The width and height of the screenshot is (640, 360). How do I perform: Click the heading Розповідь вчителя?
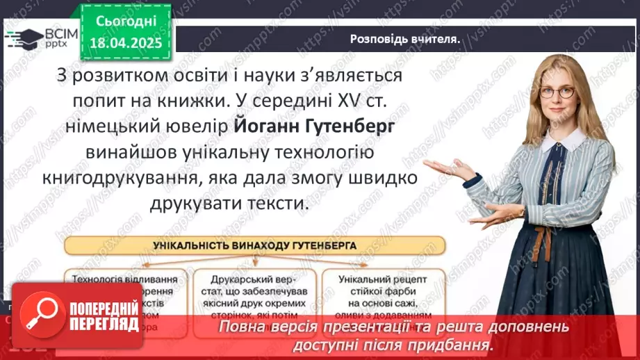click(x=404, y=39)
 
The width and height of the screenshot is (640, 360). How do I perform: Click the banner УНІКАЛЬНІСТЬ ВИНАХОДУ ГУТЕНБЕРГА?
click(x=254, y=245)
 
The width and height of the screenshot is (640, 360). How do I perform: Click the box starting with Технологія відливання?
click(x=126, y=295)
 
